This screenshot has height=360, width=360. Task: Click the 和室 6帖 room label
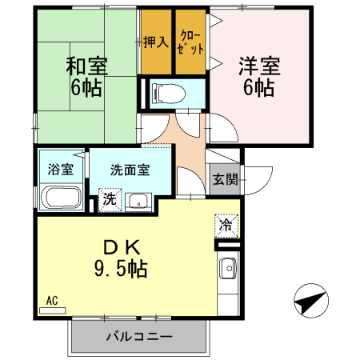tap(86, 77)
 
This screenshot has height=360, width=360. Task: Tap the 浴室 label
tap(61, 170)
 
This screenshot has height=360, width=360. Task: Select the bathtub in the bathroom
tap(60, 198)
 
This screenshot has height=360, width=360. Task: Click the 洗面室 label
tap(129, 170)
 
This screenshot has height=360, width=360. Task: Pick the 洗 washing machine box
tap(110, 199)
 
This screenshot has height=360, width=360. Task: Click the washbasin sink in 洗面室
tap(138, 201)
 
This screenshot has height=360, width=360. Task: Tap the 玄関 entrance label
tap(225, 178)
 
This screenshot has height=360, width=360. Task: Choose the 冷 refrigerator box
tap(226, 226)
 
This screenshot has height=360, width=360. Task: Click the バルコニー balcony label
tap(138, 337)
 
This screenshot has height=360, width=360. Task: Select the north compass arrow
tap(310, 302)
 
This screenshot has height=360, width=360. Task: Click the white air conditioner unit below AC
tap(52, 309)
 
